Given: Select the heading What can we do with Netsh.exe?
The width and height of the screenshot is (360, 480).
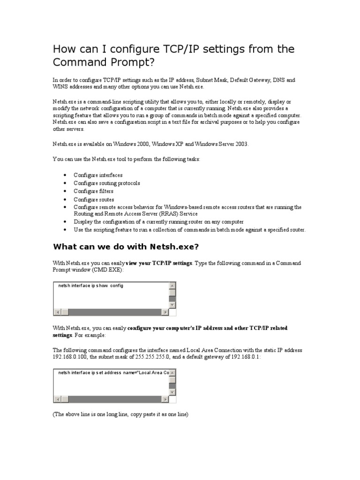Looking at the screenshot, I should click(x=128, y=247).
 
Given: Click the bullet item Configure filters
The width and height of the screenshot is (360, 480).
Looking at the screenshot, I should click(x=93, y=191).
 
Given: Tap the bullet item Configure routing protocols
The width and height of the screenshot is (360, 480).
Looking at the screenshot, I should click(x=106, y=183).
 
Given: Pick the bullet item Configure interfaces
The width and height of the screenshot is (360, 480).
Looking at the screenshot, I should click(x=98, y=175).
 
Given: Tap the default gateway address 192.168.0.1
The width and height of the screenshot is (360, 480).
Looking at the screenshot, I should click(x=244, y=357).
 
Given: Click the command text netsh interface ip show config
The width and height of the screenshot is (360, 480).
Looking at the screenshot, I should click(x=91, y=285).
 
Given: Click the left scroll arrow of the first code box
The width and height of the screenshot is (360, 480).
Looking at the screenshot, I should click(x=58, y=312).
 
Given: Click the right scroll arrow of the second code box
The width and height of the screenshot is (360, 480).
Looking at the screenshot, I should click(x=165, y=399).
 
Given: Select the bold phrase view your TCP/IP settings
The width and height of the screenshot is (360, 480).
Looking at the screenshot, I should click(x=159, y=263).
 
